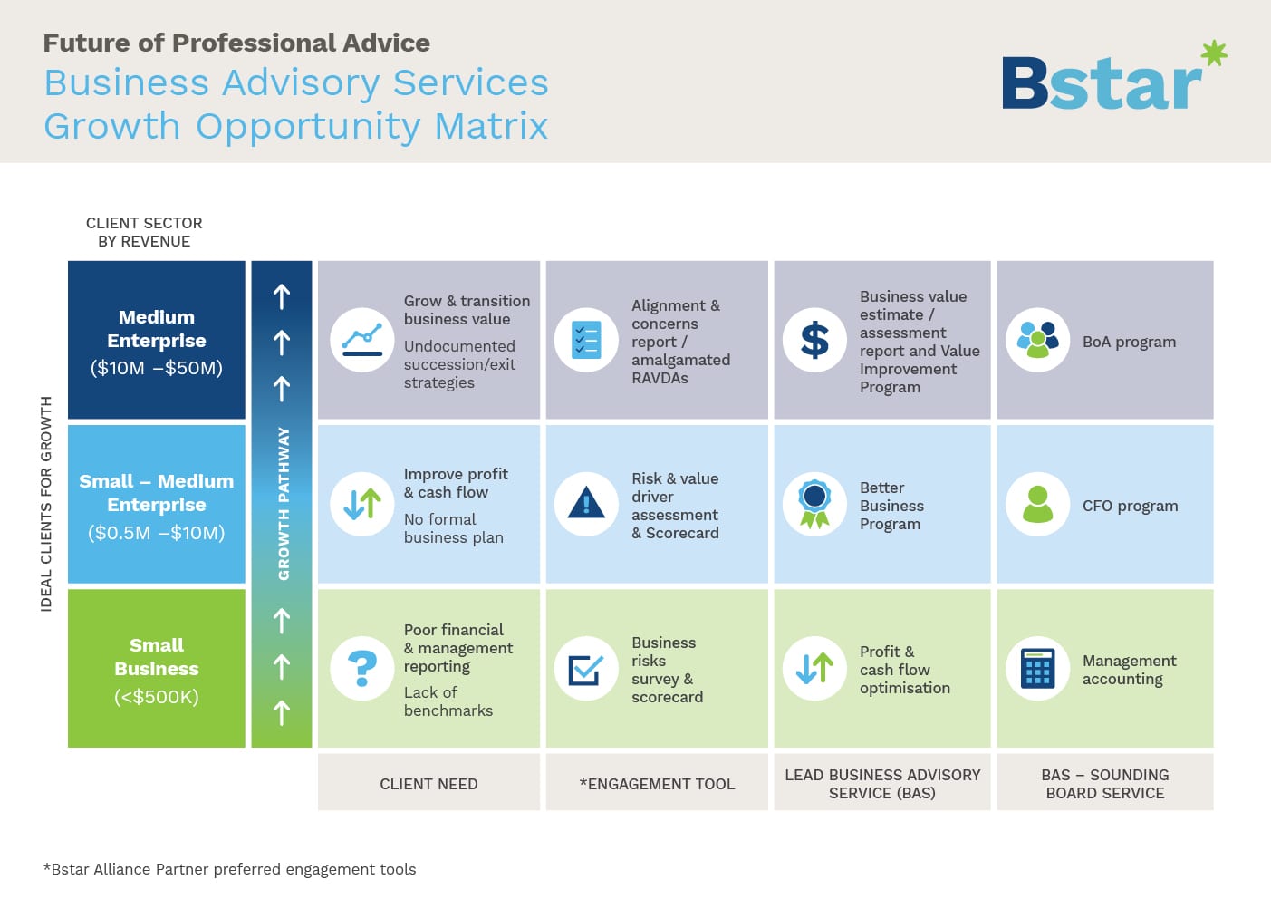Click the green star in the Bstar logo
tap(1214, 53)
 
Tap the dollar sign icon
tap(814, 340)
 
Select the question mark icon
tap(362, 669)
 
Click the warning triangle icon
tap(586, 503)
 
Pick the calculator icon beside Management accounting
tap(1038, 669)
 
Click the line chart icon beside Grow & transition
tap(362, 340)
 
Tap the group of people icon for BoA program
tap(1038, 340)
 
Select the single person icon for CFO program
tap(1038, 504)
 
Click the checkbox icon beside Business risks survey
tap(586, 670)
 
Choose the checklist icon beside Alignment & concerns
tap(586, 340)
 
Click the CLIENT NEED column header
tap(429, 784)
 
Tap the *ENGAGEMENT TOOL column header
tap(657, 784)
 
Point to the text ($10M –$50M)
tap(157, 368)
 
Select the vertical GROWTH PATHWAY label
tap(284, 504)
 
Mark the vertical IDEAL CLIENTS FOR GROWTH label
tap(46, 504)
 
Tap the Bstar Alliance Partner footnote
tap(230, 869)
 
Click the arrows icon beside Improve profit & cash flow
tap(362, 504)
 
